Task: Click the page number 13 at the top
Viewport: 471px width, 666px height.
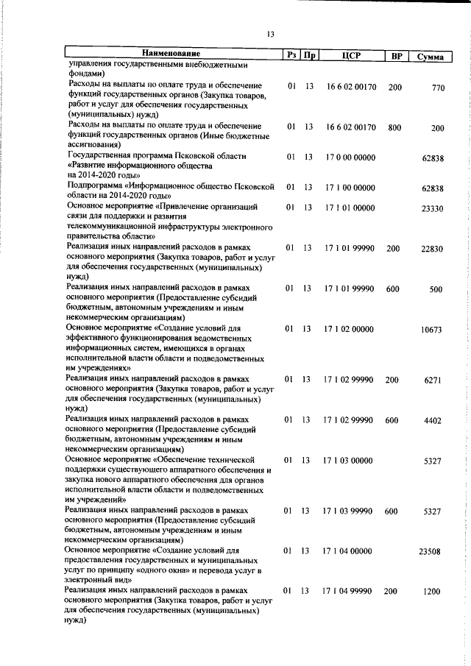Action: pos(271,33)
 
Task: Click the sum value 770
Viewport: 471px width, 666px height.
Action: pos(439,88)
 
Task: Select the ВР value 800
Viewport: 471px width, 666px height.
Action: pos(394,127)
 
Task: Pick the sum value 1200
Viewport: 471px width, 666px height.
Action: pos(433,591)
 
